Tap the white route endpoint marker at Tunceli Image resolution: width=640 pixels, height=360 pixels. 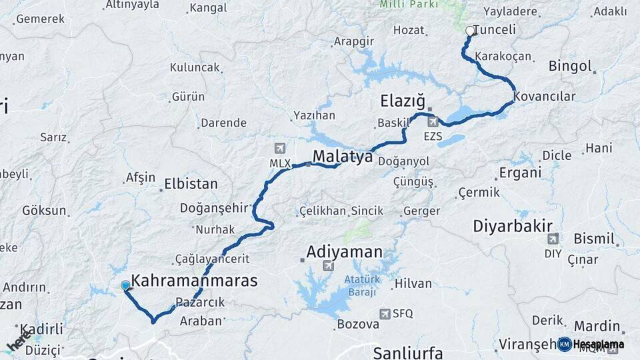pos(470,30)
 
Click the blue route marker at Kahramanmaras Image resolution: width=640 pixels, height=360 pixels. pos(125,286)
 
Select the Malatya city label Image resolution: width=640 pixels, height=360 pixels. pos(342,157)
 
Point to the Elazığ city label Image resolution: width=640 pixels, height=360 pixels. pos(402,101)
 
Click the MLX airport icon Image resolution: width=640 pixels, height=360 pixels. pos(278,148)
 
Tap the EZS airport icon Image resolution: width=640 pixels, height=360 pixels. pos(433,121)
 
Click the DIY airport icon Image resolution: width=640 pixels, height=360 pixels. pos(553,239)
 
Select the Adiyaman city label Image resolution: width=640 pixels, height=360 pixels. pos(345,252)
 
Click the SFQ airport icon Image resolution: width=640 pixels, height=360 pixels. pos(385,313)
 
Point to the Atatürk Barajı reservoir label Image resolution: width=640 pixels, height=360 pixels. pos(361,285)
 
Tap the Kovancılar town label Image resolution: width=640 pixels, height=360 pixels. pos(545,97)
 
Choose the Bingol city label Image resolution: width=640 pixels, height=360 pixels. pos(570,66)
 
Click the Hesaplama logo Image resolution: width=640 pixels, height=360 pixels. pos(591,344)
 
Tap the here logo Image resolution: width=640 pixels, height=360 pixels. pos(17,340)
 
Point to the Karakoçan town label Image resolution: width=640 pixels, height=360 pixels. pos(504,56)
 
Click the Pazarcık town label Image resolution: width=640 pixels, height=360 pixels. pos(201,302)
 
